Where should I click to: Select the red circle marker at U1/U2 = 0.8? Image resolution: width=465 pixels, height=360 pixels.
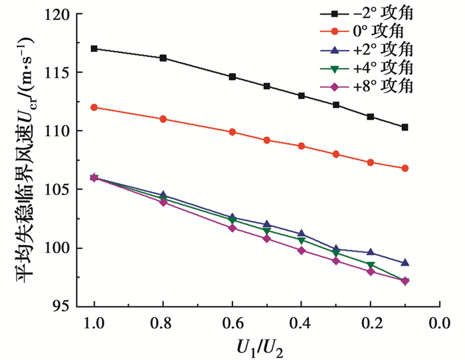163,119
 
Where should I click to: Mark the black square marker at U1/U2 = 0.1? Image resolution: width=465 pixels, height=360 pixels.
405,127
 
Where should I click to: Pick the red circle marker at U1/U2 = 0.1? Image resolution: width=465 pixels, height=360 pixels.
405,168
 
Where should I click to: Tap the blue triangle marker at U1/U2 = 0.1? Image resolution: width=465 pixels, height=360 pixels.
405,263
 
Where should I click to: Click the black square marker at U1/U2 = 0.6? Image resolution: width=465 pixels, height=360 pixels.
232,76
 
